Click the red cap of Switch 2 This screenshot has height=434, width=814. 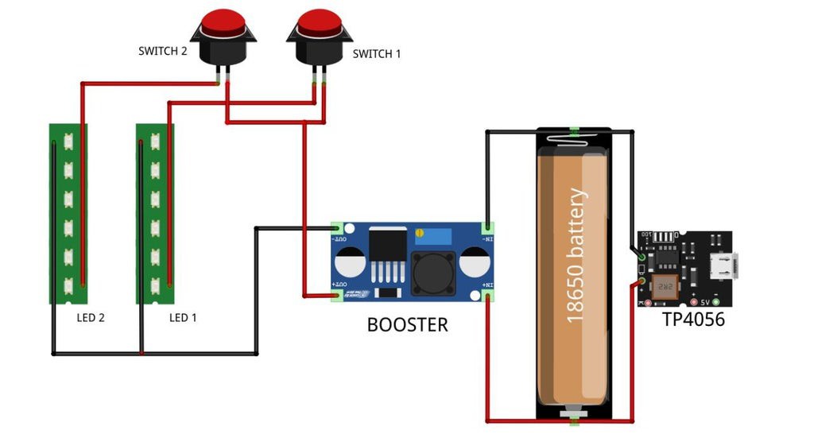coord(223,22)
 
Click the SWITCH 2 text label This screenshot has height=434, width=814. coord(162,52)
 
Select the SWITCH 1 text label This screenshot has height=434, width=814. coord(377,54)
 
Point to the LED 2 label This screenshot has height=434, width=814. coord(91,318)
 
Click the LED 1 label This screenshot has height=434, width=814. coord(183,318)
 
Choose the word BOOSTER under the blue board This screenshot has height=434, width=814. coord(407,324)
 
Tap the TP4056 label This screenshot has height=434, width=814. coord(694,320)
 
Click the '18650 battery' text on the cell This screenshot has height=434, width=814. coord(576,254)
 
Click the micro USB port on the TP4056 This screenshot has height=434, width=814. coord(725,262)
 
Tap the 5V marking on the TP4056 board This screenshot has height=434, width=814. coord(705,302)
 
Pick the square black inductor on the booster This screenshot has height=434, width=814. coord(433,272)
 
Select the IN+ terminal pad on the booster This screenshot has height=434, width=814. coord(487,296)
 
